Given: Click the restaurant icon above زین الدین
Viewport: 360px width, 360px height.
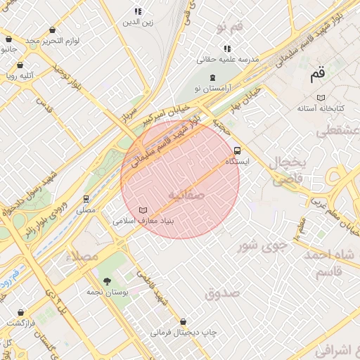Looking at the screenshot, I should coord(138,11).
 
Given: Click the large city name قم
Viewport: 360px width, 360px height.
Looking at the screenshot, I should coord(318,73).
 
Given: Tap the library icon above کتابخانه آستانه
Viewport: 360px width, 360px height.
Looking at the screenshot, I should coord(321,97).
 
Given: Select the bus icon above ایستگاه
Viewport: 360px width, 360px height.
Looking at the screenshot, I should coord(237,150).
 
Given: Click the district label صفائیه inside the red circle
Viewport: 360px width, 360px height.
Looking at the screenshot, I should coord(186,194).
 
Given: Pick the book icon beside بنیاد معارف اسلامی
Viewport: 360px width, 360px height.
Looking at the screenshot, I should coord(143,210).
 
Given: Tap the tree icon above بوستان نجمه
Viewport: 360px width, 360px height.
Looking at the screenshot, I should coord(107,281).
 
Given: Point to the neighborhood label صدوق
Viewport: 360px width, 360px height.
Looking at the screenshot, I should coord(222,294).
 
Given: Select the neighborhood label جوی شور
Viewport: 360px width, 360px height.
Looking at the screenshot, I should coord(262,246).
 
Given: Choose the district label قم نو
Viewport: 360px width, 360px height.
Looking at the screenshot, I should coord(230,27).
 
